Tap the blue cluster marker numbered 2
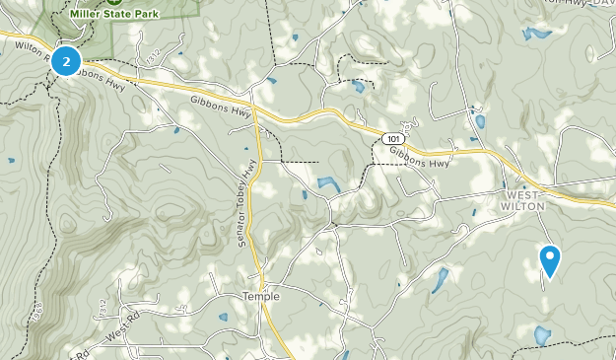pos(66,61)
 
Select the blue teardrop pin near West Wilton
pos(551,260)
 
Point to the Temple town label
pos(261,296)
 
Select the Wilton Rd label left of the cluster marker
pos(27,45)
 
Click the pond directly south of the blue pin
pos(542,335)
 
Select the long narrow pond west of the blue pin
pos(439,280)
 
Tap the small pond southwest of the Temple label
pos(224,318)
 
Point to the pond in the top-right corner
pos(538,34)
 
